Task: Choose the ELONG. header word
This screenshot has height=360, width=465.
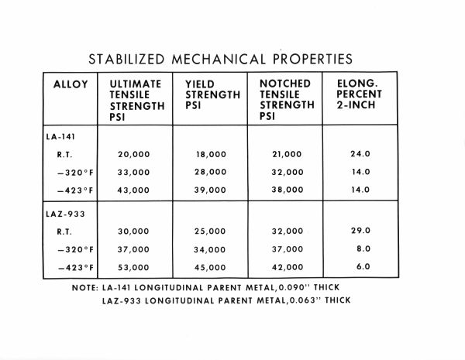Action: pyautogui.click(x=356, y=84)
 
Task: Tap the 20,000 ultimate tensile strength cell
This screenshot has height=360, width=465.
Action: pyautogui.click(x=134, y=155)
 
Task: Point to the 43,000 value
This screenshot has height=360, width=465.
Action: pyautogui.click(x=134, y=190)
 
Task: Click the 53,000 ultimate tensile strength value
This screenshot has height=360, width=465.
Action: pyautogui.click(x=134, y=267)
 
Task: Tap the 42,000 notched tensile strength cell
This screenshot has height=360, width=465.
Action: pyautogui.click(x=288, y=267)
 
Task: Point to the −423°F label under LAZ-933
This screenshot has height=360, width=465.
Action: pyautogui.click(x=76, y=267)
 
